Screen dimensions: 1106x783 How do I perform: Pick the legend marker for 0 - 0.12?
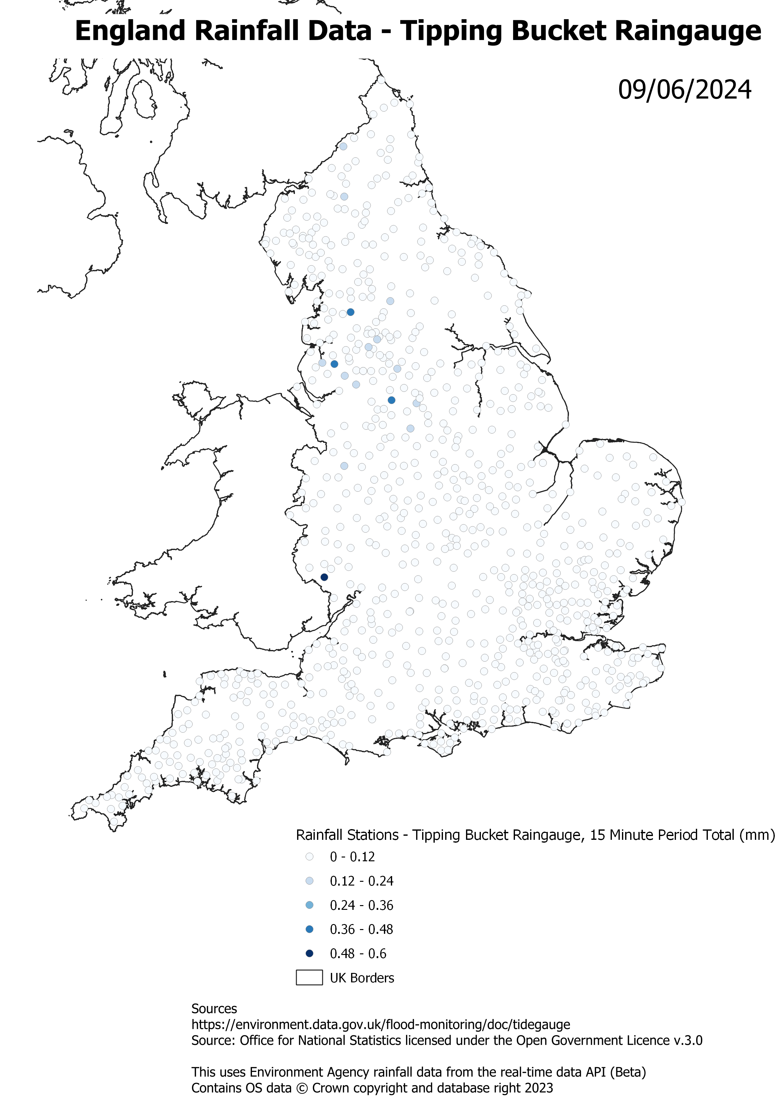point(309,857)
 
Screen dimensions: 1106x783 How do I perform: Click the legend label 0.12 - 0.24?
point(362,881)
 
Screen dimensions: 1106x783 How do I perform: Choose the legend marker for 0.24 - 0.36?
point(309,905)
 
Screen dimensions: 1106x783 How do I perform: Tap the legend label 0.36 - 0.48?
point(362,929)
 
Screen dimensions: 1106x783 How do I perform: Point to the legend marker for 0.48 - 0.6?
point(309,953)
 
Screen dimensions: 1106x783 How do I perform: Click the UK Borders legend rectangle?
point(309,978)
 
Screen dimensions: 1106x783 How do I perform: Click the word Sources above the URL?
point(214,1009)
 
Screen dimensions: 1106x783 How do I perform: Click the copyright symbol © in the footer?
point(302,1088)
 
